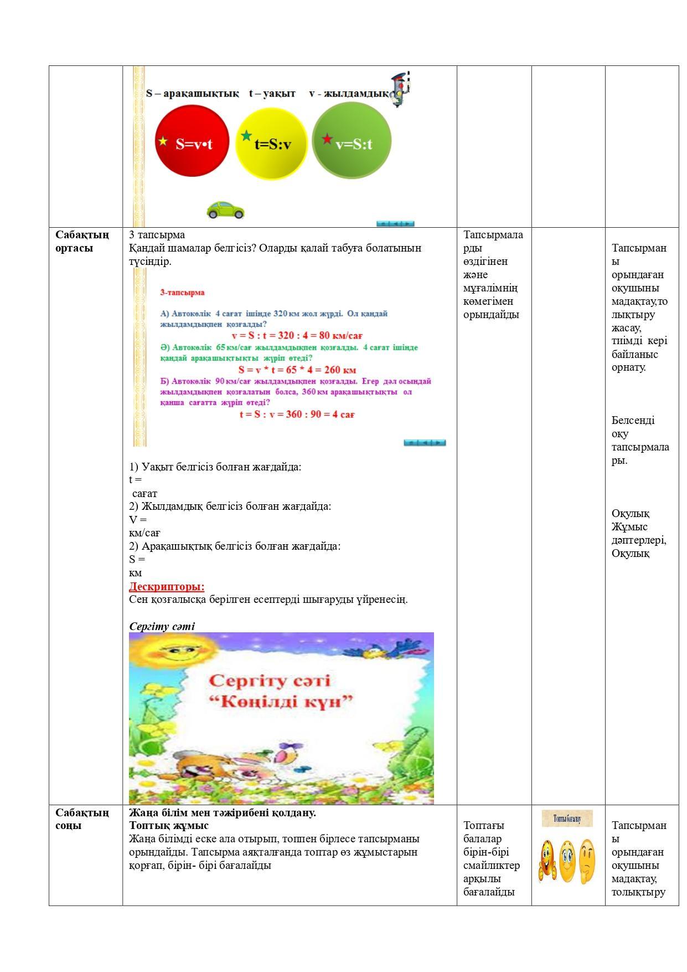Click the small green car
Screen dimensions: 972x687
[225, 210]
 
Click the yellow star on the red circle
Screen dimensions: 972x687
[163, 141]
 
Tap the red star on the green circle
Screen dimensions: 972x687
[327, 139]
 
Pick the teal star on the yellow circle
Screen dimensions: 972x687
[246, 135]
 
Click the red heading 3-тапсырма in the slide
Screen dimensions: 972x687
[182, 293]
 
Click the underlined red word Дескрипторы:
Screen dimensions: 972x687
[167, 586]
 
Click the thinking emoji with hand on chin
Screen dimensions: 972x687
[586, 860]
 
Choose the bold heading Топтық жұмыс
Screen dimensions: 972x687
[168, 826]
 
